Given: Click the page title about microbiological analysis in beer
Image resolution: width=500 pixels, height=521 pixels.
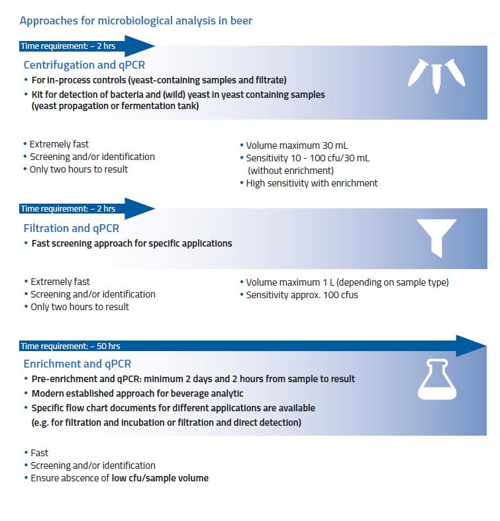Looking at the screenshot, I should (x=136, y=20).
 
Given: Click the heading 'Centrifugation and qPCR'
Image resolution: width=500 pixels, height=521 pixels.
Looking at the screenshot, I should (x=84, y=65).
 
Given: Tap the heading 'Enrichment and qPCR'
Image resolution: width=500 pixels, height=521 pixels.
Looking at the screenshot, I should (x=77, y=364).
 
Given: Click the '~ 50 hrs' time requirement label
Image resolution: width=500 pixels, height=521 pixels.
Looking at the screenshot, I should (x=70, y=346).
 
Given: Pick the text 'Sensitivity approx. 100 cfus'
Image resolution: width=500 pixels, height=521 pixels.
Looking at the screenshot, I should (x=301, y=294).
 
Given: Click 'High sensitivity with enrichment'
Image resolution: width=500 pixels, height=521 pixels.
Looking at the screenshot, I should (x=311, y=183).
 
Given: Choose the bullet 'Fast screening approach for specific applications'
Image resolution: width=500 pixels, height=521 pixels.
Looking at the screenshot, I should (x=132, y=243).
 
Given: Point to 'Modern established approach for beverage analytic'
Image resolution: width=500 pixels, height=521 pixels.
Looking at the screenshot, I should (x=137, y=393).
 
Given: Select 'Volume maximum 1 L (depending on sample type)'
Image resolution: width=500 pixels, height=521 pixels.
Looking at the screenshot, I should (x=347, y=282).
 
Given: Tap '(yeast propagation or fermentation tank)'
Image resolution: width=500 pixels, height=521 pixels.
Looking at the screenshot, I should (x=115, y=106).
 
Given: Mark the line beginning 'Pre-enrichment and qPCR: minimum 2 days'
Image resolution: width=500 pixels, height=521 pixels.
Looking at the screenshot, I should (x=193, y=379).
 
